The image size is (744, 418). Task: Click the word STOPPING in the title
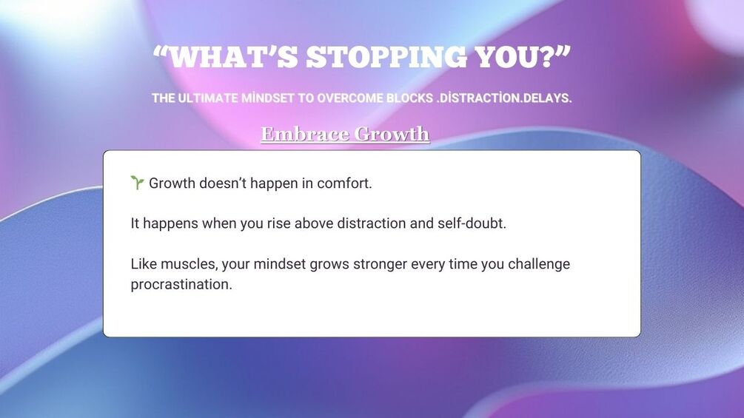pyautogui.click(x=386, y=57)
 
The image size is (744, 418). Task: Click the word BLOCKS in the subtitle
pyautogui.click(x=409, y=98)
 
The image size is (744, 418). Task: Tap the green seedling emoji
pyautogui.click(x=137, y=183)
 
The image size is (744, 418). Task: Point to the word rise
pyautogui.click(x=278, y=223)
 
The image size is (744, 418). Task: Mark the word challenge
pyautogui.click(x=539, y=264)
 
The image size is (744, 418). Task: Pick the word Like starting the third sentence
pyautogui.click(x=144, y=263)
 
